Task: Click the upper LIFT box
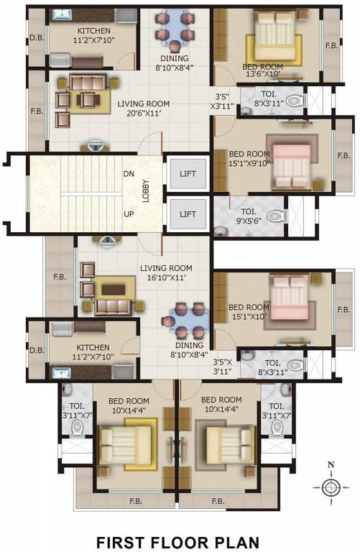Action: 188,173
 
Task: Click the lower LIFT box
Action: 188,213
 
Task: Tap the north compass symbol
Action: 331,487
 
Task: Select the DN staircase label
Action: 129,174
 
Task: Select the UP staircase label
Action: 129,214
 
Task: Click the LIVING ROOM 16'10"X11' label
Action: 165,273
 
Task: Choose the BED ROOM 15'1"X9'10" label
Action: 249,159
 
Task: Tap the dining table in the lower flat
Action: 188,317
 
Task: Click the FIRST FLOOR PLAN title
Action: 177,538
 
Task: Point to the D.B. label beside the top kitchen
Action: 36,38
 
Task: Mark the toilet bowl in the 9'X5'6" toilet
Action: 277,215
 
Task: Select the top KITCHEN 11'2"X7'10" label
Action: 94,36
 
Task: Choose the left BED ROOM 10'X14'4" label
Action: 129,405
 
